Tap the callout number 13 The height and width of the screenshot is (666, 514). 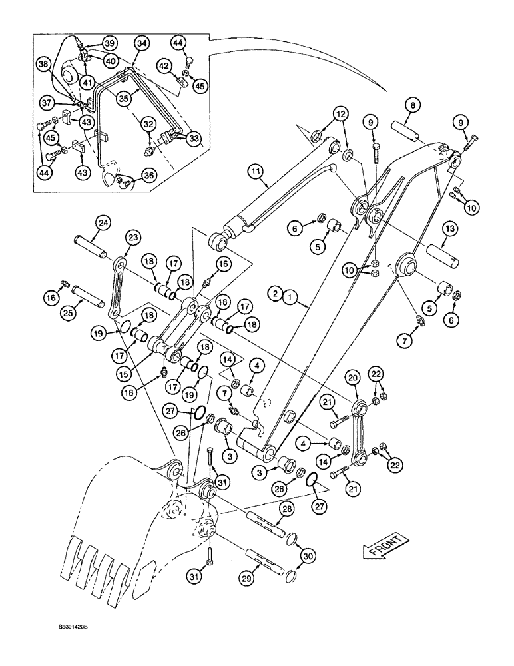[449, 228]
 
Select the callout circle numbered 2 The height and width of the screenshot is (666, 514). [273, 292]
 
